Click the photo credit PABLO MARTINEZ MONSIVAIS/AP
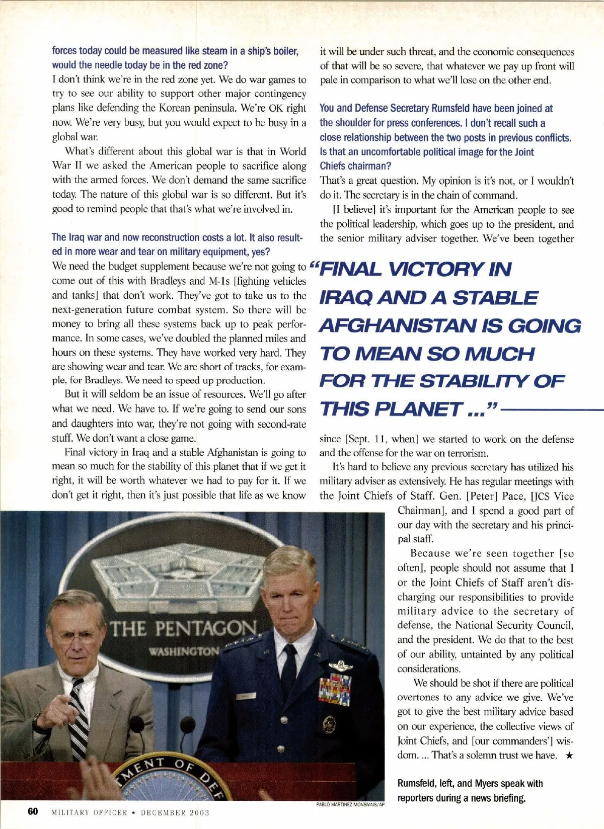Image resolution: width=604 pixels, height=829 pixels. tap(350, 804)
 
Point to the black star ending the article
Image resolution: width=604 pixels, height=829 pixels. tap(569, 755)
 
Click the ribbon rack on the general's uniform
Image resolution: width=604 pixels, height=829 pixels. tap(334, 689)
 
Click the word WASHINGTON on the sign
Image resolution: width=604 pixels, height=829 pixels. tap(184, 651)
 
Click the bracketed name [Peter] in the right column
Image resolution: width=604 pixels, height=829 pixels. tap(481, 496)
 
